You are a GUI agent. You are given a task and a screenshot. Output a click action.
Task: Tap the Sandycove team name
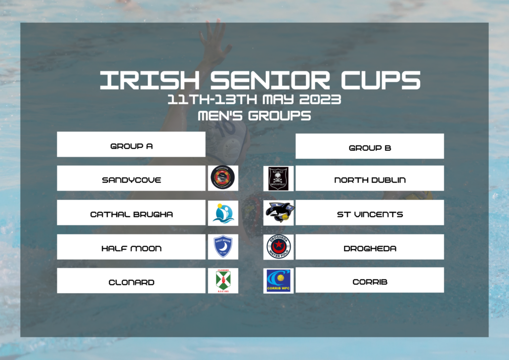pyautogui.click(x=131, y=180)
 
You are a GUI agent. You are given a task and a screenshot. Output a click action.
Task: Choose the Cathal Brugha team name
pyautogui.click(x=131, y=214)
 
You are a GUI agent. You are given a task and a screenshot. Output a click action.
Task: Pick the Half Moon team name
pyautogui.click(x=131, y=248)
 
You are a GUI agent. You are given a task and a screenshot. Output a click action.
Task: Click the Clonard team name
pyautogui.click(x=131, y=282)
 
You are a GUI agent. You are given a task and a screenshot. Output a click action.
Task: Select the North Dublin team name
pyautogui.click(x=369, y=180)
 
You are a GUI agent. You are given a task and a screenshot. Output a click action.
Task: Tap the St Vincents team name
pyautogui.click(x=369, y=214)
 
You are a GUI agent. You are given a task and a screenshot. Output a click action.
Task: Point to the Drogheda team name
pyautogui.click(x=369, y=248)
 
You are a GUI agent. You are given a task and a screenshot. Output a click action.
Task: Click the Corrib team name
pyautogui.click(x=369, y=282)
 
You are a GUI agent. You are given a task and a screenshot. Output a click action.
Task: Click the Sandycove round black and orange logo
pyautogui.click(x=223, y=178)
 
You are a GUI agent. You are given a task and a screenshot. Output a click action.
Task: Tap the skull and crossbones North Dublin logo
pyautogui.click(x=278, y=179)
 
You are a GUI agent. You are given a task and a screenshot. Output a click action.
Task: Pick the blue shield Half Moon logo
pyautogui.click(x=223, y=246)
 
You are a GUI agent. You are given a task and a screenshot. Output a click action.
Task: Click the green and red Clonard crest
pyautogui.click(x=223, y=281)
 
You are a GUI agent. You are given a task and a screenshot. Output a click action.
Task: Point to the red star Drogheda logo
pyautogui.click(x=278, y=246)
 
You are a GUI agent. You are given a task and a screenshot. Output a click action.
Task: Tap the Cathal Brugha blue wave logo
pyautogui.click(x=223, y=213)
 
